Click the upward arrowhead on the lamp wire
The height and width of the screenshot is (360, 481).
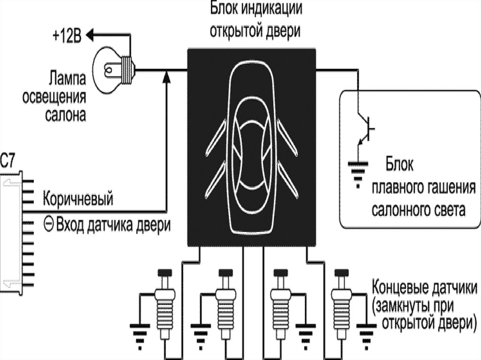click(x=166, y=77)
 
